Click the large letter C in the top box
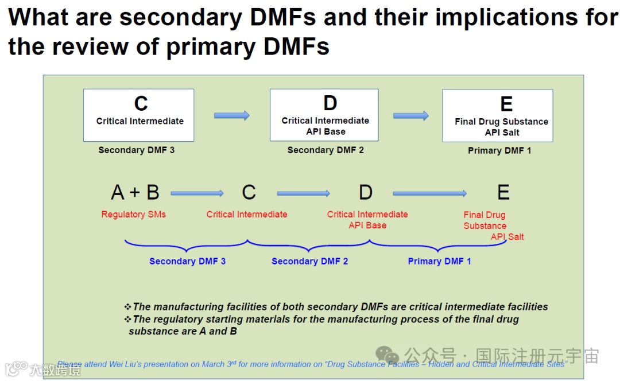[x=141, y=104]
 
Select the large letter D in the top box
[x=330, y=103]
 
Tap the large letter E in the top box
[x=506, y=104]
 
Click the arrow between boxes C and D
[x=232, y=115]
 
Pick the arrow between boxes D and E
[x=410, y=115]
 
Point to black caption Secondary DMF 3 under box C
[x=136, y=150]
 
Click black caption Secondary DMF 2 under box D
[x=325, y=150]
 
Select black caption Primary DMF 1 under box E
[x=499, y=151]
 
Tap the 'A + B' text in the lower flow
[x=135, y=192]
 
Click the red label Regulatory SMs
[x=134, y=215]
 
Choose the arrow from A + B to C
[x=197, y=193]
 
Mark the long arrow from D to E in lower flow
[x=429, y=193]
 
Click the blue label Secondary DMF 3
[x=187, y=261]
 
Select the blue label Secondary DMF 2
[x=309, y=261]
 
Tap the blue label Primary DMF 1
[x=439, y=261]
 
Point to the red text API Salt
[x=507, y=236]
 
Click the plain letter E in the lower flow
[x=503, y=193]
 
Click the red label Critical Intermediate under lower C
[x=247, y=215]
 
